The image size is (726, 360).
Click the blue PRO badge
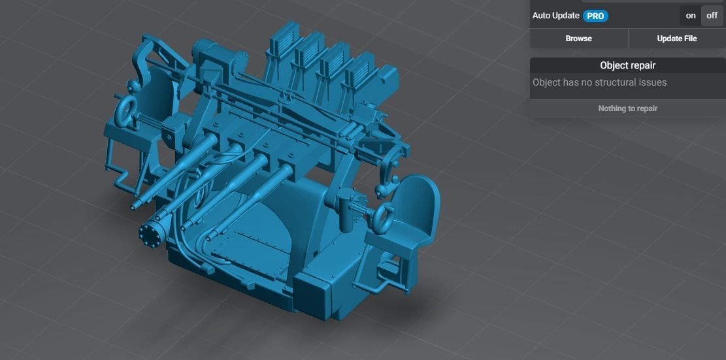595,16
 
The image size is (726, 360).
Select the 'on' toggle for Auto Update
691,16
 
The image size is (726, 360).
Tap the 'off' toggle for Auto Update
712,16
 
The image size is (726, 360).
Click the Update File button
676,39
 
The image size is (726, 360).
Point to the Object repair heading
627,65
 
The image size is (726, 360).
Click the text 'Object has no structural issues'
599,82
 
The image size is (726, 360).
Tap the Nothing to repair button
627,108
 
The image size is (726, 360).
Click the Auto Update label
555,16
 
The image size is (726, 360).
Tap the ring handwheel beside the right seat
384,215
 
